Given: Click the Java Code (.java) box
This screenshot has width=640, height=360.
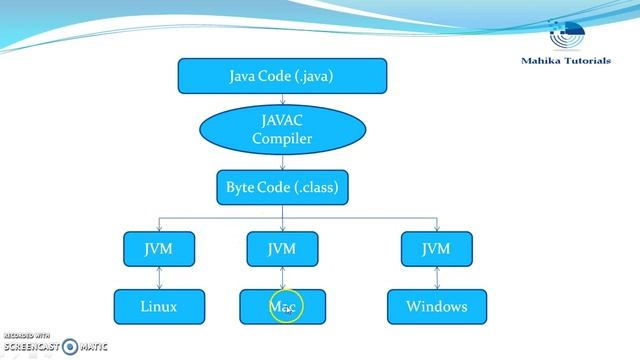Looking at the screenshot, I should tap(282, 75).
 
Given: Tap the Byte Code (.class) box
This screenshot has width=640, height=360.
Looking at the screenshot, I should tap(282, 187).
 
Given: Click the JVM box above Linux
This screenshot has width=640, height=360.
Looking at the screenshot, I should tap(159, 248).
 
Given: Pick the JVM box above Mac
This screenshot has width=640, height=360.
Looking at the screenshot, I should tap(282, 248).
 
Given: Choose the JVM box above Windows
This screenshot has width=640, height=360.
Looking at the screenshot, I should tap(436, 248).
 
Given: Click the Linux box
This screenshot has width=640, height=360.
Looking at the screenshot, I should tap(159, 306).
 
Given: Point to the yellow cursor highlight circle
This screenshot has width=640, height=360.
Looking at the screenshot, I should tap(285, 309).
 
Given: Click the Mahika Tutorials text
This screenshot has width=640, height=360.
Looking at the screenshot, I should tap(580, 60).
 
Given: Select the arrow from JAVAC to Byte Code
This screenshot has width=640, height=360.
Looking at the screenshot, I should tap(282, 164).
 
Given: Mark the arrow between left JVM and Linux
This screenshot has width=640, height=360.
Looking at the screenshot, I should tap(159, 278).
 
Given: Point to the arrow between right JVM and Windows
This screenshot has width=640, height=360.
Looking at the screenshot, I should tap(436, 278).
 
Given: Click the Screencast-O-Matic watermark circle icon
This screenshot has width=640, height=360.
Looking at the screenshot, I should tap(69, 347).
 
